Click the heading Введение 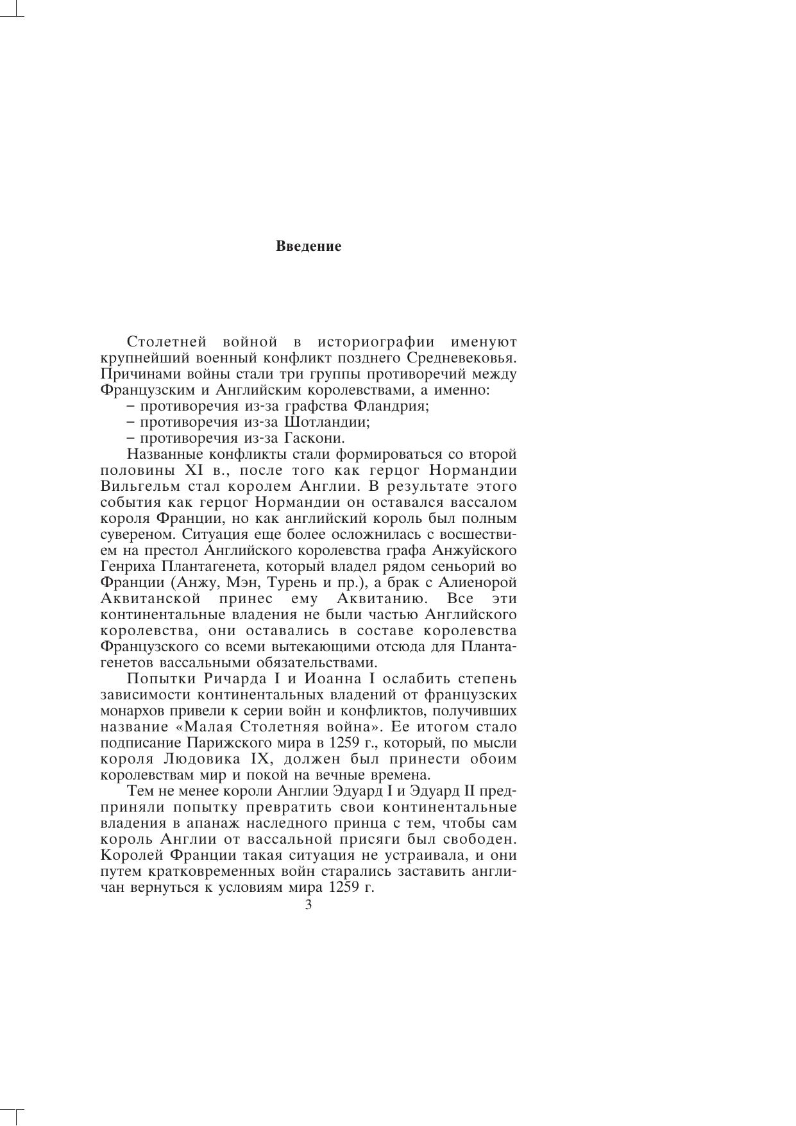click(309, 246)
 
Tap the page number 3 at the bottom click(309, 905)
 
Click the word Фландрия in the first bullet click(399, 406)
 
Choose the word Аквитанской click(151, 599)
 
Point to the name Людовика click(209, 760)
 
